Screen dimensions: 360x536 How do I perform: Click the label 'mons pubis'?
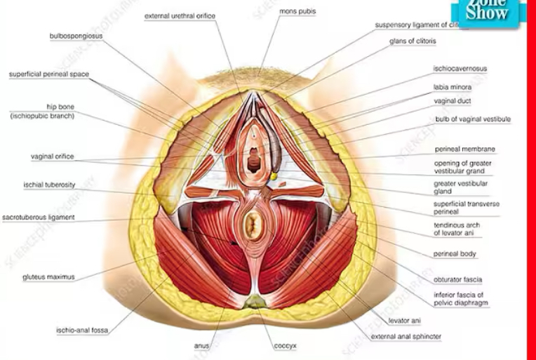(297, 12)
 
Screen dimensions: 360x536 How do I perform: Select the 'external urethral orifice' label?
(180, 15)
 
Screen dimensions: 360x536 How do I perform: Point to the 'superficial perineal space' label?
(49, 74)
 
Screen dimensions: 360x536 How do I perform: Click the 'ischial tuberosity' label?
(49, 185)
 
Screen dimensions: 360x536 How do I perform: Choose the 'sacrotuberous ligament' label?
(39, 218)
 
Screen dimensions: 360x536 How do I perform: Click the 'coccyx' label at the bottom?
(286, 346)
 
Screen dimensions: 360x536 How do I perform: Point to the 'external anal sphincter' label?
(406, 337)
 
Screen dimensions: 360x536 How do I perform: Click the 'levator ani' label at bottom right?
(404, 321)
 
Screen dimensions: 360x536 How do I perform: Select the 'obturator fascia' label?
(457, 279)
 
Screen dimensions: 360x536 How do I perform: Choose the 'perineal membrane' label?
(464, 149)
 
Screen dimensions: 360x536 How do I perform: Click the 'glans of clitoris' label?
(413, 41)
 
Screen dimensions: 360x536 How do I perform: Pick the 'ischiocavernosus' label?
(460, 69)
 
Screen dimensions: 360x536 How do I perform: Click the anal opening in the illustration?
(253, 225)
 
